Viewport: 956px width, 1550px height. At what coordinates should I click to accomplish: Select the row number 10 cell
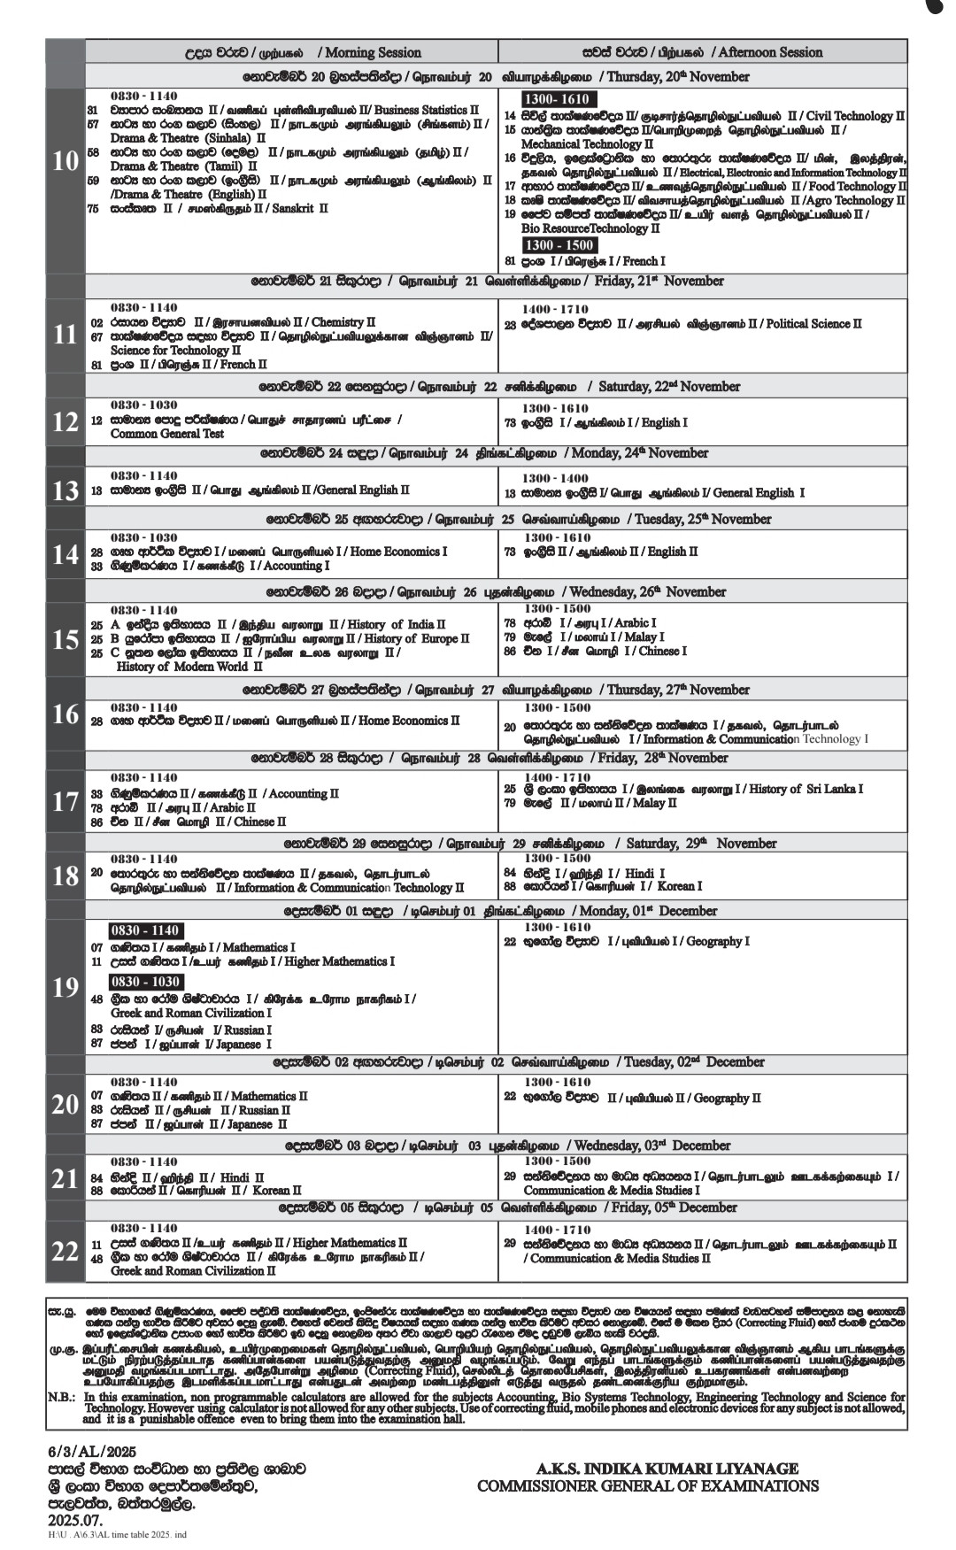(x=66, y=162)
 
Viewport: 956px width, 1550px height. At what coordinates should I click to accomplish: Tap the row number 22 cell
(x=66, y=1252)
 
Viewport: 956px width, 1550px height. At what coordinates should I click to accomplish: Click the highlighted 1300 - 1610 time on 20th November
(x=559, y=99)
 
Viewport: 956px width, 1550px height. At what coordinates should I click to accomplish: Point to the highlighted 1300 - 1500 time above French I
(x=559, y=244)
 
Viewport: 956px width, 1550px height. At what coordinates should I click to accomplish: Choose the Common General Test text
(x=167, y=434)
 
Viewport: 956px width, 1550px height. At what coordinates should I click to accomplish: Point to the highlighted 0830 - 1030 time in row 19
(x=146, y=982)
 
